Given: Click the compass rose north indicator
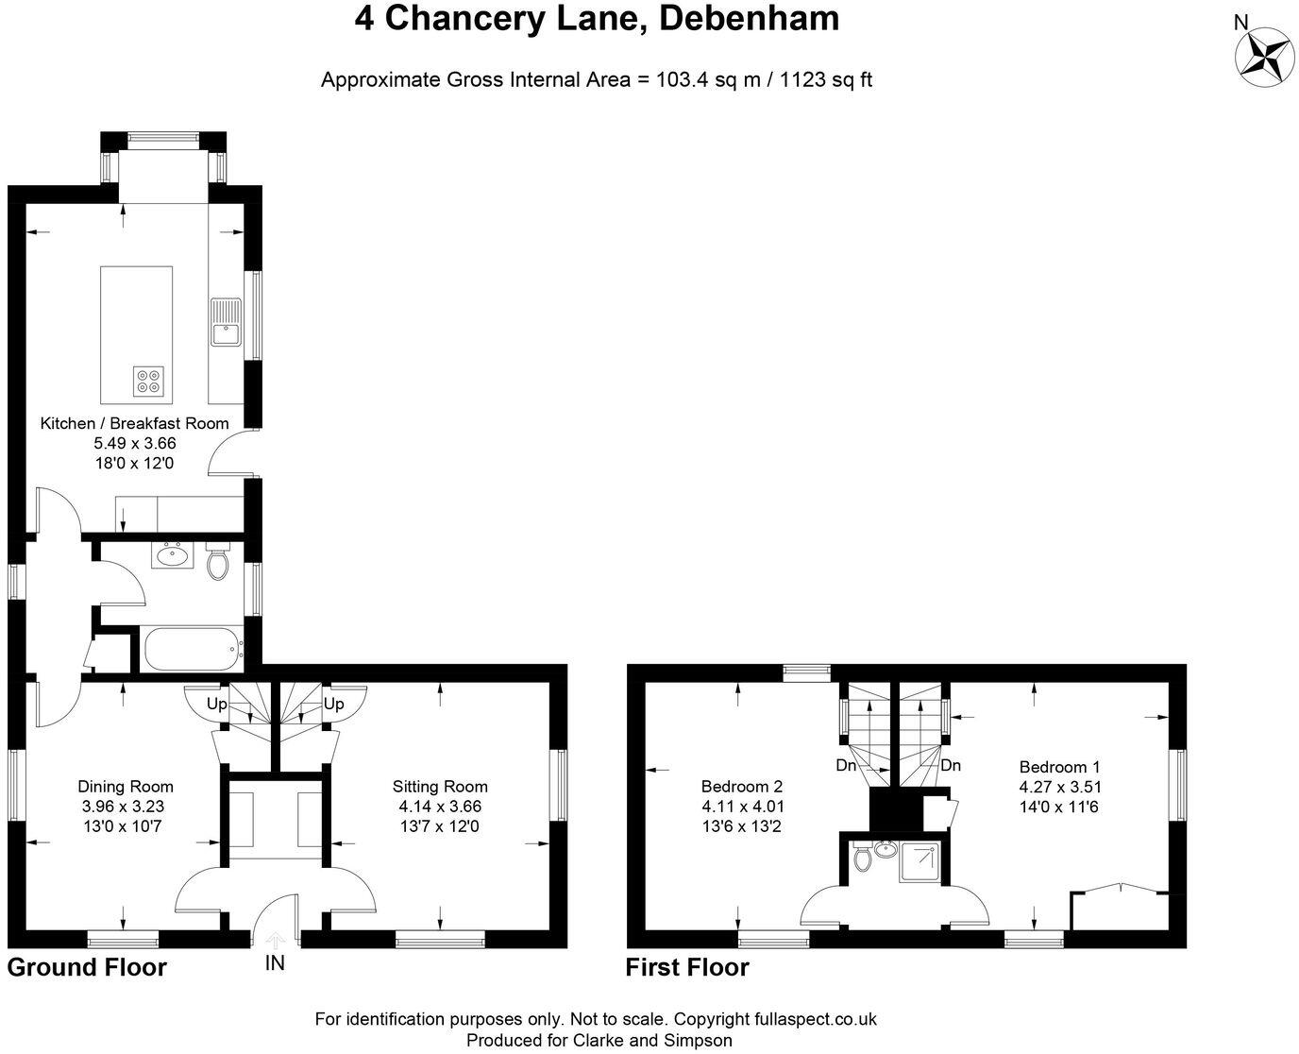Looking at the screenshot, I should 1264,52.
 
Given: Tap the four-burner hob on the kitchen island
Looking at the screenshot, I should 148,380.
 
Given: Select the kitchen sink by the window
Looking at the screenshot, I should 227,332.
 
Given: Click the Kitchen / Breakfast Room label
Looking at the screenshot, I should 134,423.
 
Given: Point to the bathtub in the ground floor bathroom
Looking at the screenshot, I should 194,650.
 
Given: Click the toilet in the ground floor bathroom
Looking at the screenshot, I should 218,564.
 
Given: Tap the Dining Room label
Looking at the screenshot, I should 126,786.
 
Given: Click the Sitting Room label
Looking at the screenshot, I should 440,786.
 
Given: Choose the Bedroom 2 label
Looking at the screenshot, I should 742,786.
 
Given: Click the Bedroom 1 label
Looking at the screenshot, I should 1059,767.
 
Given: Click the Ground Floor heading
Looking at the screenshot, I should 87,967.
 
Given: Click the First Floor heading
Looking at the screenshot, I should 687,967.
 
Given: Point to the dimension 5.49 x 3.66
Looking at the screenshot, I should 134,443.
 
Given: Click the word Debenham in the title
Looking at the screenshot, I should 749,18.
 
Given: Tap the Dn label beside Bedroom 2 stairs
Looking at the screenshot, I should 846,766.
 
